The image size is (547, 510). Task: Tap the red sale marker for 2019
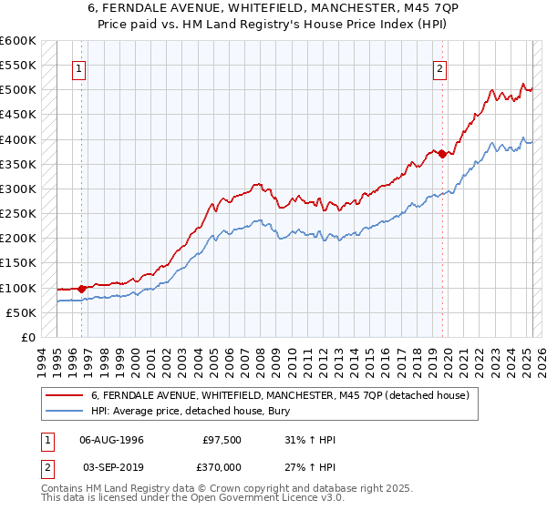tap(442, 154)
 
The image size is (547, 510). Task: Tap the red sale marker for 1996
tap(81, 289)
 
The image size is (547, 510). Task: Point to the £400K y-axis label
tap(18, 139)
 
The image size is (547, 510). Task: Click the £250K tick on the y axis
tap(18, 213)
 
